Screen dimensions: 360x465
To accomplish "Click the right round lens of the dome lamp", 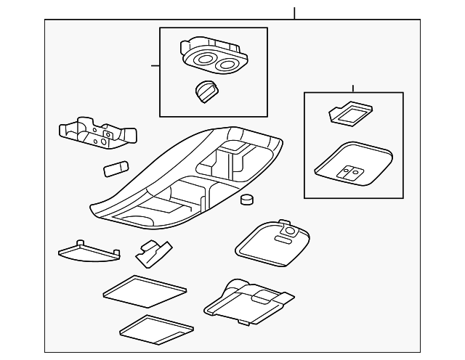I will pyautogui.click(x=226, y=66).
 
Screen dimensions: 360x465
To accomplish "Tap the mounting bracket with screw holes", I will pyautogui.click(x=97, y=133).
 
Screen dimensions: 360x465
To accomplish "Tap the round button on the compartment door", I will pyautogui.click(x=291, y=231).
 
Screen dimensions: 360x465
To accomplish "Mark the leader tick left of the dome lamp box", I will pyautogui.click(x=155, y=65).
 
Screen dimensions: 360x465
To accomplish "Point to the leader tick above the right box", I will pyautogui.click(x=352, y=88).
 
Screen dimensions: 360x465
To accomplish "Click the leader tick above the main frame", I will pyautogui.click(x=294, y=13).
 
